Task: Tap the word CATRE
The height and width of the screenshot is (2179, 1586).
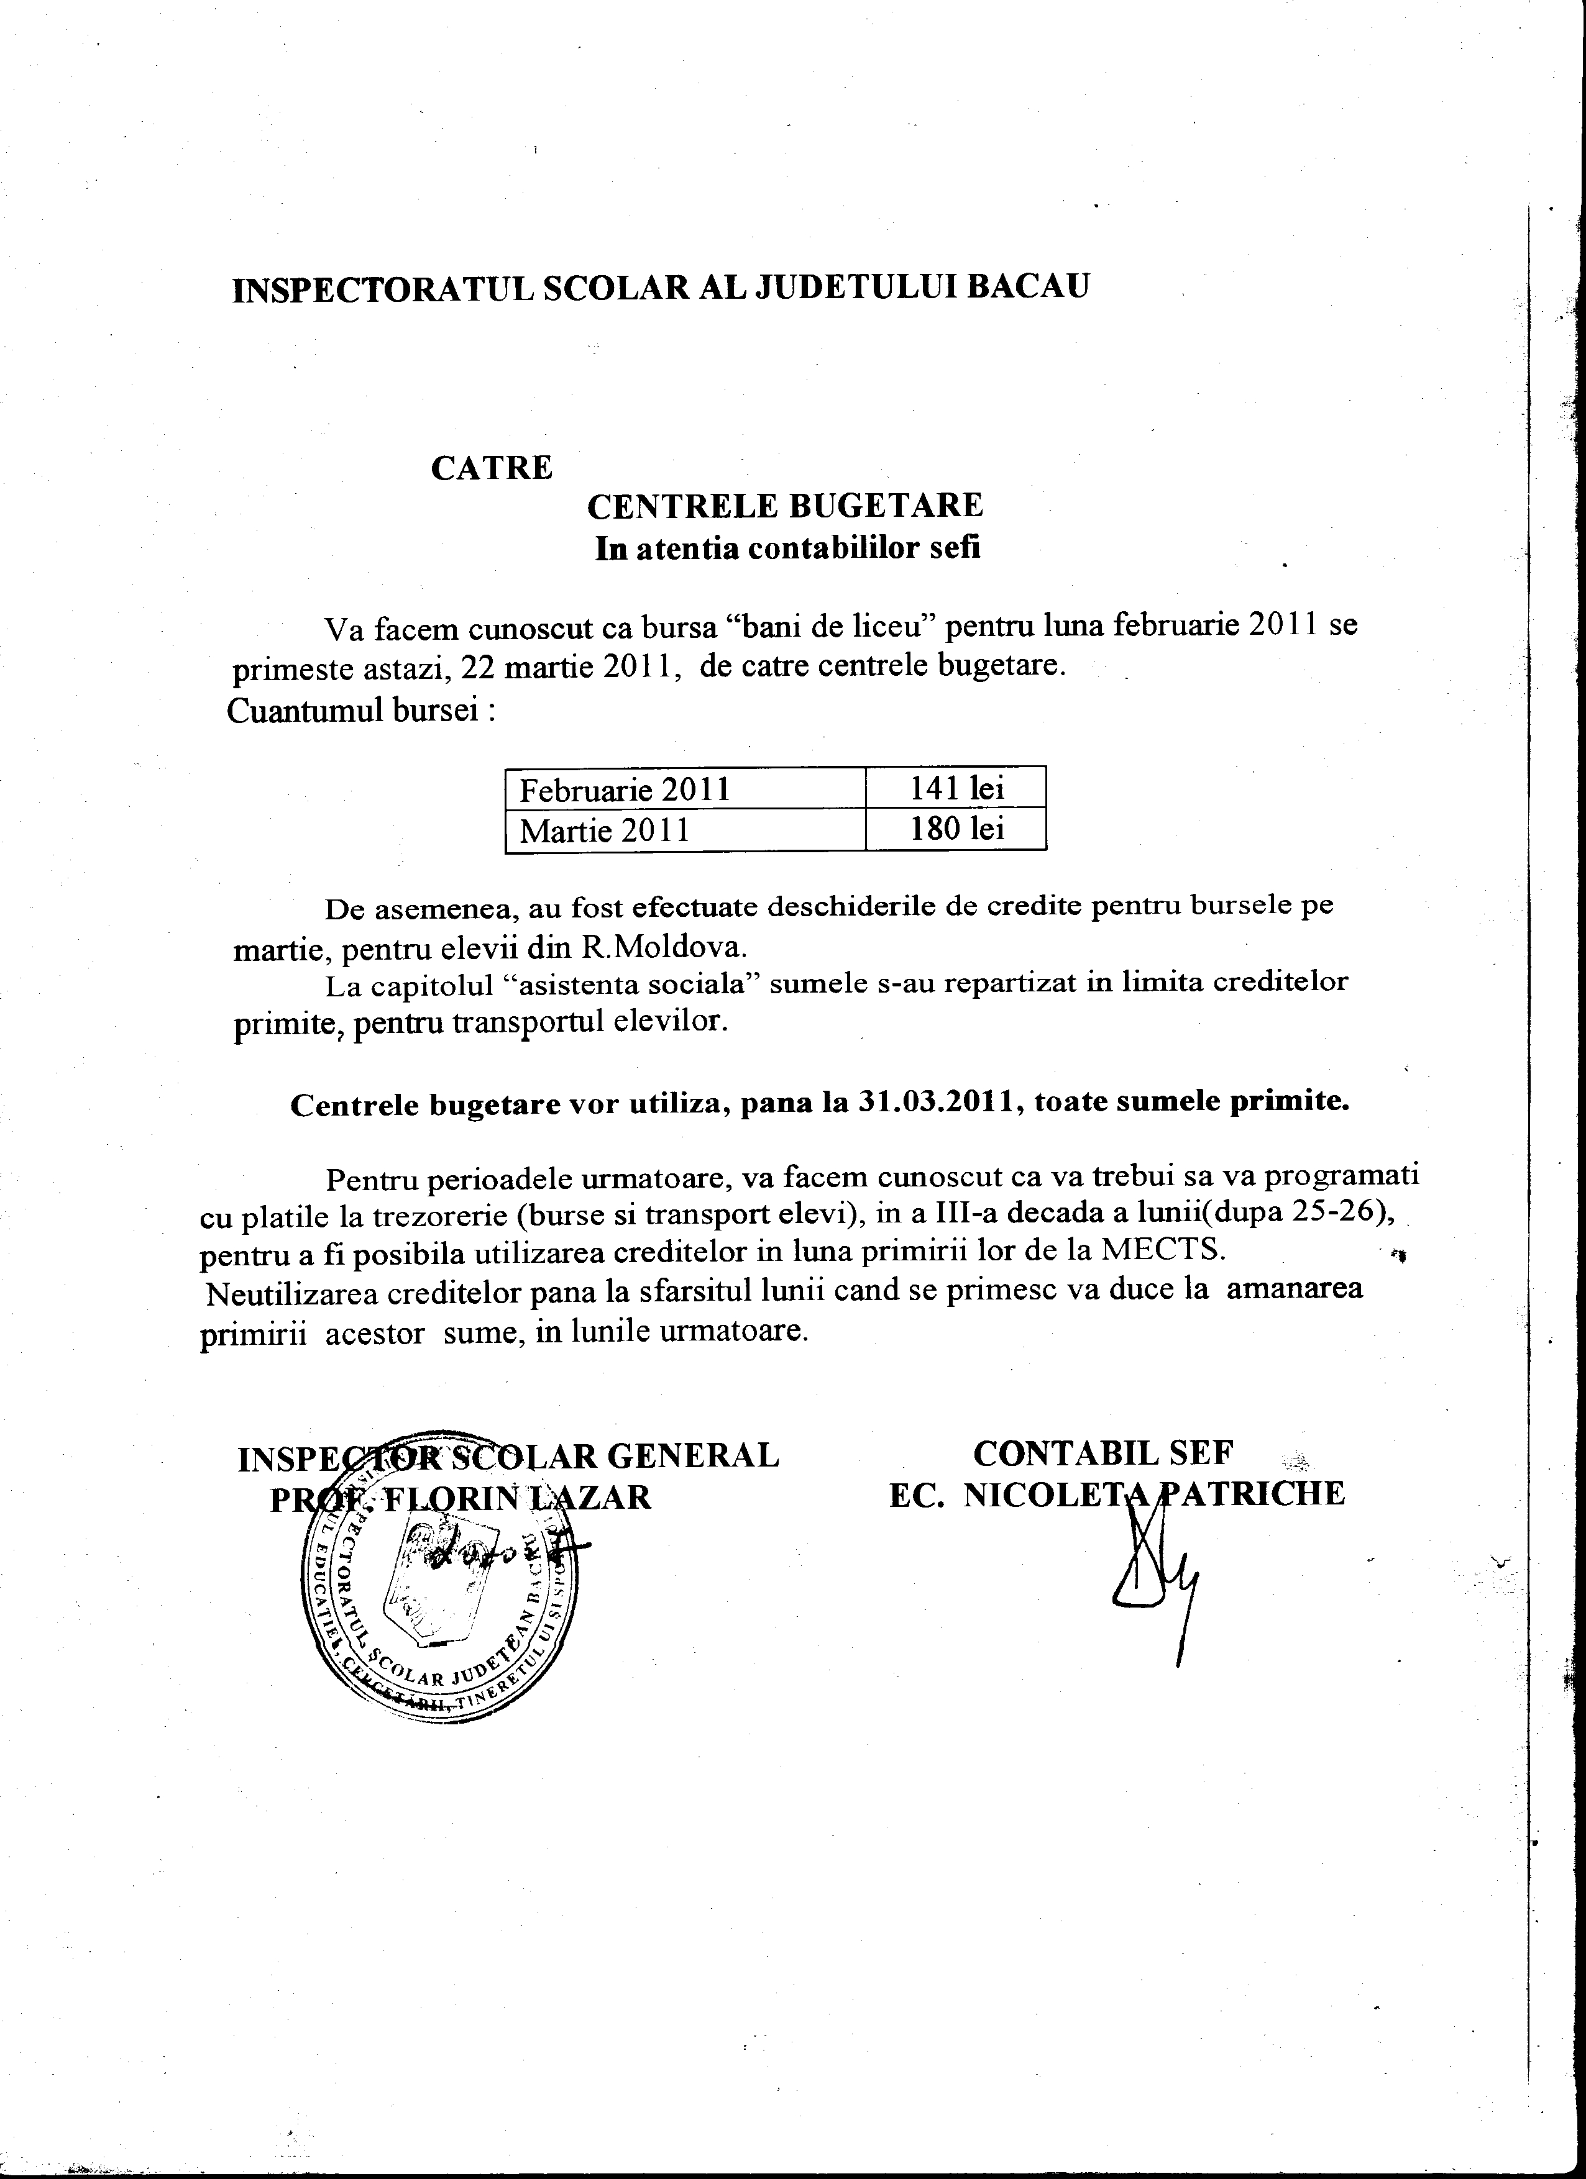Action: [x=491, y=468]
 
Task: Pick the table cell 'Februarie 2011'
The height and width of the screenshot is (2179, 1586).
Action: [x=625, y=789]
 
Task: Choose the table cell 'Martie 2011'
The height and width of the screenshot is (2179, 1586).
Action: [x=605, y=830]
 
